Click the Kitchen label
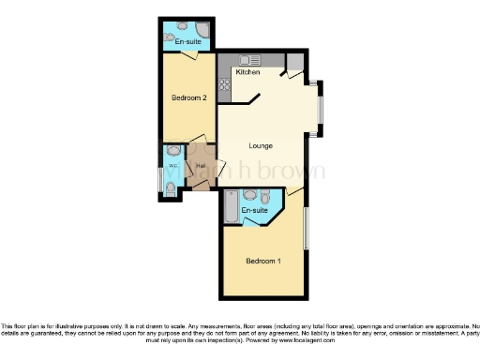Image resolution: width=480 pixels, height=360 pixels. pyautogui.click(x=247, y=72)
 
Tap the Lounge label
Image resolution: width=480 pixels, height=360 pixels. pyautogui.click(x=261, y=145)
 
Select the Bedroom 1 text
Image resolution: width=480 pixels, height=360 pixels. pyautogui.click(x=262, y=260)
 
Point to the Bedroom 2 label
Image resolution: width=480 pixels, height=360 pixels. pyautogui.click(x=188, y=97)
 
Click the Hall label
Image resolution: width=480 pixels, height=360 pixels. pyautogui.click(x=200, y=167)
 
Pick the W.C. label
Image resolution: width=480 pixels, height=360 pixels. pyautogui.click(x=172, y=169)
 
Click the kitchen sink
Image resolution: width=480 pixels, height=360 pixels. pyautogui.click(x=250, y=60)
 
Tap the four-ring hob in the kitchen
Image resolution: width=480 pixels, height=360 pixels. pyautogui.click(x=225, y=86)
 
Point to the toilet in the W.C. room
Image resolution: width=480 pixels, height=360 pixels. pyautogui.click(x=171, y=187)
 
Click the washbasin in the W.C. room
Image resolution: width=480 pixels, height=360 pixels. pyautogui.click(x=172, y=151)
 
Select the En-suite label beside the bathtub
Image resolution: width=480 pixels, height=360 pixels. pyautogui.click(x=255, y=213)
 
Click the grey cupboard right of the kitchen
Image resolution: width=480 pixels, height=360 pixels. pyautogui.click(x=294, y=62)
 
